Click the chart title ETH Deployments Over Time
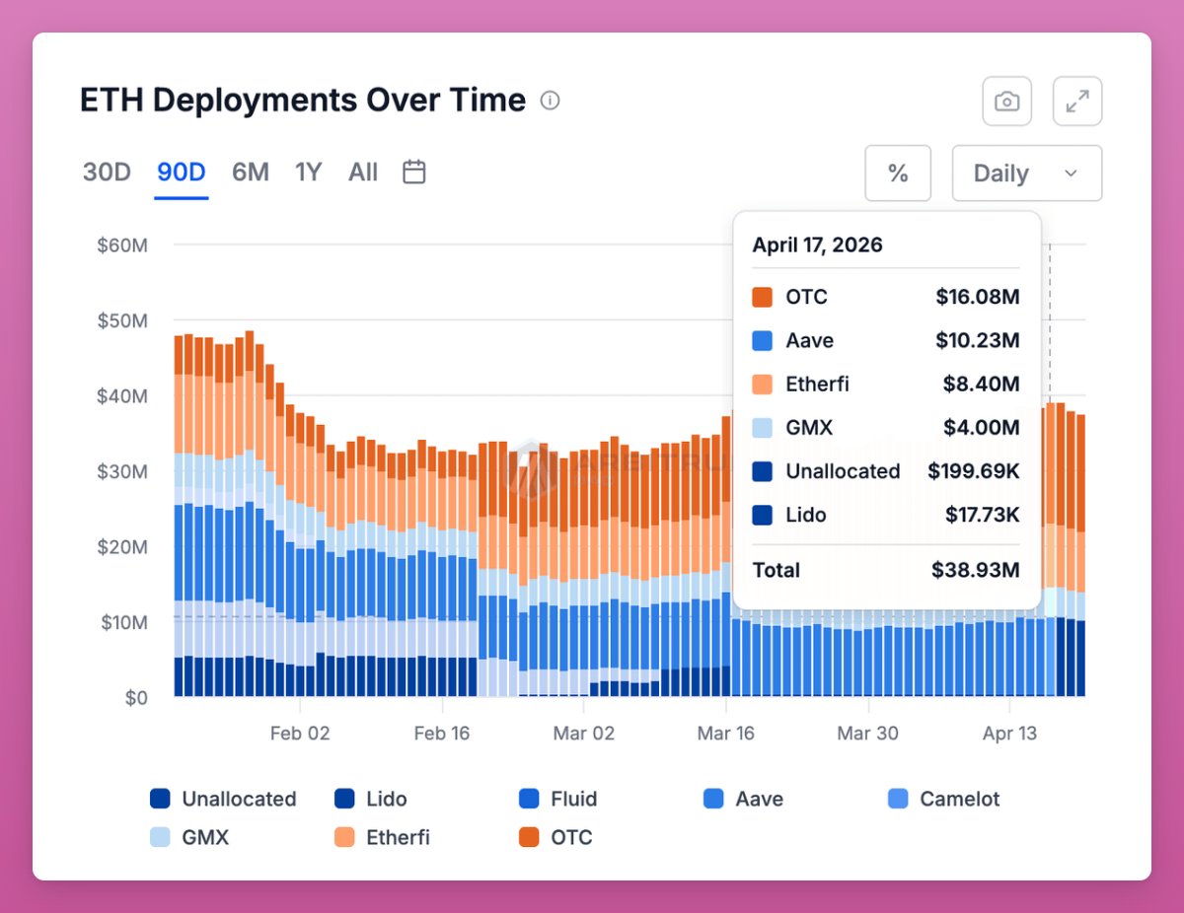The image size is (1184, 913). pos(302,101)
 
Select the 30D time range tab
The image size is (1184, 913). pos(107,173)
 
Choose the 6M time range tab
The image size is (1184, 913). pos(251,173)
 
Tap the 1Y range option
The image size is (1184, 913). pos(309,173)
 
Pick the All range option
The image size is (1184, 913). pos(363,173)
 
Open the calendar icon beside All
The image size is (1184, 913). pos(414,173)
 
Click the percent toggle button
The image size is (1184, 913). pos(898,174)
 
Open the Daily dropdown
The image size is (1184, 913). pos(1026,174)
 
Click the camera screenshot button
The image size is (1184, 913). pos(1006,101)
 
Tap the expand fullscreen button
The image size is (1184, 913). pos(1077,101)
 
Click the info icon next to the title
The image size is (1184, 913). pos(551,101)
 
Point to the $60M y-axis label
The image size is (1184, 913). pos(122,246)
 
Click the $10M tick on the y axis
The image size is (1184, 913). pos(122,623)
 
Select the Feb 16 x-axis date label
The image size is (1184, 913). pos(442,734)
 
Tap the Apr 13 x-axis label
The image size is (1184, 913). pos(1010,734)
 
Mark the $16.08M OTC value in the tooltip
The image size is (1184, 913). pos(977,297)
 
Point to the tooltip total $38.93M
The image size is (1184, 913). pos(975,570)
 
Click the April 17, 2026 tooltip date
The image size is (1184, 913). pos(818,246)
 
